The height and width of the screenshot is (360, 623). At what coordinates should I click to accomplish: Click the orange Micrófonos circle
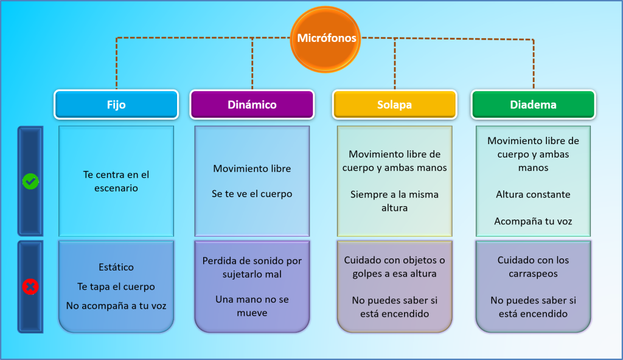326,39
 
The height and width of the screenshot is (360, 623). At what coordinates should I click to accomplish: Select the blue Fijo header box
116,105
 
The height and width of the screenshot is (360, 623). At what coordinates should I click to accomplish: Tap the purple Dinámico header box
252,105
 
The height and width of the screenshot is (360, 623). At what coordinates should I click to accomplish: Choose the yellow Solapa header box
394,105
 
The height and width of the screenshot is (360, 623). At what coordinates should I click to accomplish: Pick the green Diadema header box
533,105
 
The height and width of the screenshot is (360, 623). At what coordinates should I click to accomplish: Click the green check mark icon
30,181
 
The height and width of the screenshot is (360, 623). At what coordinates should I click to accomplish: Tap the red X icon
30,286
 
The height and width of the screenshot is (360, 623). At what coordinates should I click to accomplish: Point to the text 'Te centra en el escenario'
116,181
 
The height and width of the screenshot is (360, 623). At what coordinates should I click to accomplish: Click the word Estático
116,267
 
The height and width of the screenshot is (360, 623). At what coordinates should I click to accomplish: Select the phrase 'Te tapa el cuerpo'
116,286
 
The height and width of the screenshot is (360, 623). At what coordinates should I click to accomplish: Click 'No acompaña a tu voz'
116,306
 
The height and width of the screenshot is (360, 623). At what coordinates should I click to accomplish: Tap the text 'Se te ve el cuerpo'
252,194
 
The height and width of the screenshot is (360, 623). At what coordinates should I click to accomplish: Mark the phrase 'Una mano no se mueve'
252,306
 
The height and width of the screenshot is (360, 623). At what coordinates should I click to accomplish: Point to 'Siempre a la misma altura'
394,201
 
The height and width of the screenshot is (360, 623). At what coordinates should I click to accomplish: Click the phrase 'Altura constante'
533,195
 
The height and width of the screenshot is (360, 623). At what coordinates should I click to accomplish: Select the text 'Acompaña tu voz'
533,221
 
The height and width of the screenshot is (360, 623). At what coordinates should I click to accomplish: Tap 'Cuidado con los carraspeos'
533,266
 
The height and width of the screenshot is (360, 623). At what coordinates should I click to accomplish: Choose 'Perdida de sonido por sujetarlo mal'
252,267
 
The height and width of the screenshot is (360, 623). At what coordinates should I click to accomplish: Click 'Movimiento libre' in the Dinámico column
252,168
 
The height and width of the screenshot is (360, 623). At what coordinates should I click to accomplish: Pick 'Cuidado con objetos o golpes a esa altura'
394,266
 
